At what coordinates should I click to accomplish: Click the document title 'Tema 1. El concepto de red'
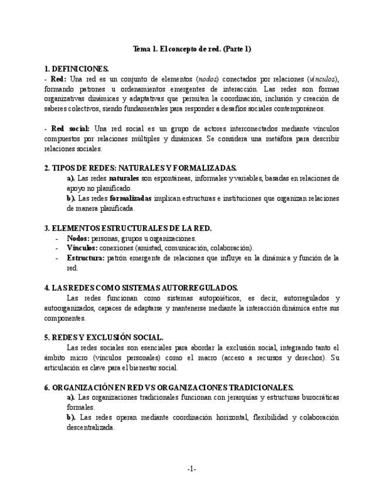(x=192, y=49)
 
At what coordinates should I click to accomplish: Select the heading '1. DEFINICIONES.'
(x=76, y=69)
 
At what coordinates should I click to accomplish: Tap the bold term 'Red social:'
(x=70, y=129)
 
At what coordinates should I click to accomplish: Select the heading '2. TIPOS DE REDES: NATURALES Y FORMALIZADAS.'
(x=140, y=168)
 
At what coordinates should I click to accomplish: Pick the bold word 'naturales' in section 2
(x=124, y=178)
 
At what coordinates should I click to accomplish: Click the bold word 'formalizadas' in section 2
(x=130, y=198)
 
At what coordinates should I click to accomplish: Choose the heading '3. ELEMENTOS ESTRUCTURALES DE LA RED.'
(x=128, y=228)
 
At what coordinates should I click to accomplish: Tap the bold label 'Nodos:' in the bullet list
(x=78, y=239)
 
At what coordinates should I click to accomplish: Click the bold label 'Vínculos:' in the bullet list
(x=81, y=248)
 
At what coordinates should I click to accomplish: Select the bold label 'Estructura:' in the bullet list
(x=86, y=258)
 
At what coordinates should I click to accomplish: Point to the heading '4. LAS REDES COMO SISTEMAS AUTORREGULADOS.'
(x=141, y=288)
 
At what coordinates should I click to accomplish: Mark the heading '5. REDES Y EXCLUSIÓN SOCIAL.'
(x=104, y=338)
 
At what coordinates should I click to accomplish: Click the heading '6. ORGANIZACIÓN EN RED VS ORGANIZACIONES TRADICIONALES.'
(x=169, y=387)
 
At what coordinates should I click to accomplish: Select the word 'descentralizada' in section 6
(x=91, y=427)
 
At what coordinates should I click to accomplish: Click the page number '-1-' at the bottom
(x=192, y=469)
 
